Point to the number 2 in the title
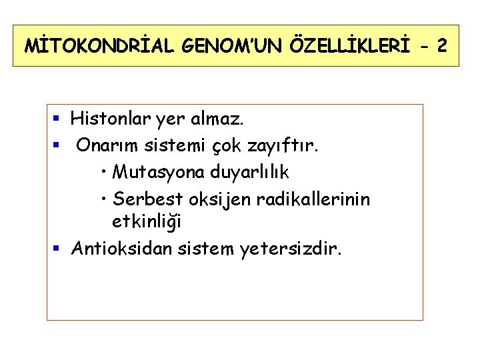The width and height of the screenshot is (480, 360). [x=441, y=47]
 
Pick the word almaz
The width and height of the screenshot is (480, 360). [x=219, y=120]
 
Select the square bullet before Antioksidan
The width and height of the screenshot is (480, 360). [x=57, y=249]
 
